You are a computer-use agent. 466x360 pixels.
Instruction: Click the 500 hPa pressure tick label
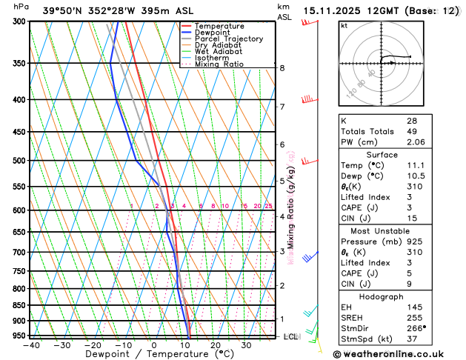click(x=16, y=160)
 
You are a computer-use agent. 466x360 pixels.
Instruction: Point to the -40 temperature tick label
click(x=31, y=344)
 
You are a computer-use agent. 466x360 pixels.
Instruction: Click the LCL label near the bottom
click(x=290, y=336)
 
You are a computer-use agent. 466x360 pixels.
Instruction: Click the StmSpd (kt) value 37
click(x=412, y=340)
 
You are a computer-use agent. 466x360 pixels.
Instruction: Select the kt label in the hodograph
click(x=344, y=25)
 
